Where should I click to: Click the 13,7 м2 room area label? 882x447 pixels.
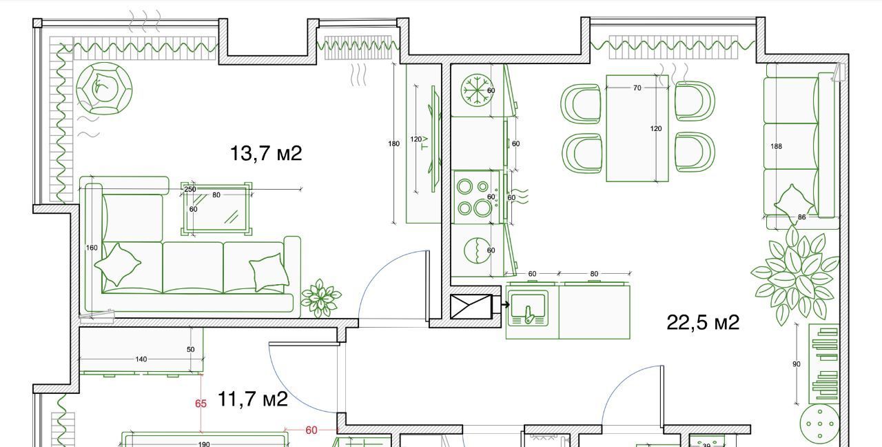pos(266,153)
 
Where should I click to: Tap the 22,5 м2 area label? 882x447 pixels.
pos(703,322)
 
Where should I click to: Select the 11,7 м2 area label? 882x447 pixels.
pos(252,399)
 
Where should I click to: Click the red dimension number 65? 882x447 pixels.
pos(201,404)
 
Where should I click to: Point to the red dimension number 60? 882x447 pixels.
pos(311,430)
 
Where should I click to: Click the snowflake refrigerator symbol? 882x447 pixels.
pos(477,90)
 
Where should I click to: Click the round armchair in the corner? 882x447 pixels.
pos(104,89)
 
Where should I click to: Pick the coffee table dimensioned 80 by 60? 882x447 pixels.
pos(216,208)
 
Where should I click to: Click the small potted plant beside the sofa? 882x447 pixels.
pos(320,298)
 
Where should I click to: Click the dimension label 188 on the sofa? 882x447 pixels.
pos(776,146)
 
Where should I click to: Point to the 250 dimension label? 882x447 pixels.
pos(190,189)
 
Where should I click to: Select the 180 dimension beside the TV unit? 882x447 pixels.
pos(393,144)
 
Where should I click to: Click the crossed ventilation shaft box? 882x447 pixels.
pos(471,307)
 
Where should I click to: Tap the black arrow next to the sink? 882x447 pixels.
pos(505,304)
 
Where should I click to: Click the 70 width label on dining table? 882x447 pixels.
pos(637,88)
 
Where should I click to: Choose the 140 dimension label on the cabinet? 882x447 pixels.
pos(141,359)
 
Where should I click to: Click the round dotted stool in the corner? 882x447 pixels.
pos(820,424)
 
